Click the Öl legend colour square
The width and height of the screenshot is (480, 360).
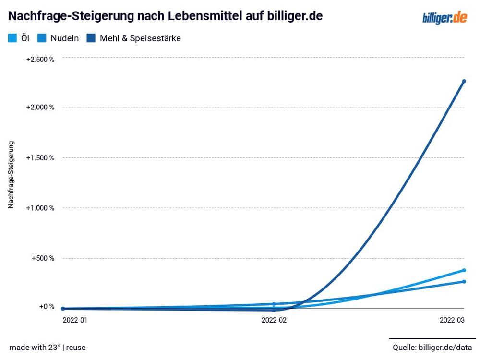(13, 38)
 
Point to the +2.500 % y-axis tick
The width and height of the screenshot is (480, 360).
(40, 59)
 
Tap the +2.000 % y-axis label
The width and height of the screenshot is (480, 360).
(40, 107)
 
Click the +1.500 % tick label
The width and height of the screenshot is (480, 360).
(40, 158)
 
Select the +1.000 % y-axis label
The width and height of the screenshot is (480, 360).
(40, 208)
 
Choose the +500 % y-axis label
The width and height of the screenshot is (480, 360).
(43, 258)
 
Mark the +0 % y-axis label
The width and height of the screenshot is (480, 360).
(46, 306)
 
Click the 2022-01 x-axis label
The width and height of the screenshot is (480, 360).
(75, 319)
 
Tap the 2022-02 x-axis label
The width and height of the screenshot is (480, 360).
(274, 319)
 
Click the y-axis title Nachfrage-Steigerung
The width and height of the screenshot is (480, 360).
(11, 174)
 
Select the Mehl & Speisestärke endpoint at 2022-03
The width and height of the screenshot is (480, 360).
(464, 81)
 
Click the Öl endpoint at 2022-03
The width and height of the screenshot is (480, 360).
(464, 270)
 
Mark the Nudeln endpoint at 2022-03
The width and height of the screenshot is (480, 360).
(464, 281)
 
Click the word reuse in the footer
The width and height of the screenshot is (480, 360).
(76, 347)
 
